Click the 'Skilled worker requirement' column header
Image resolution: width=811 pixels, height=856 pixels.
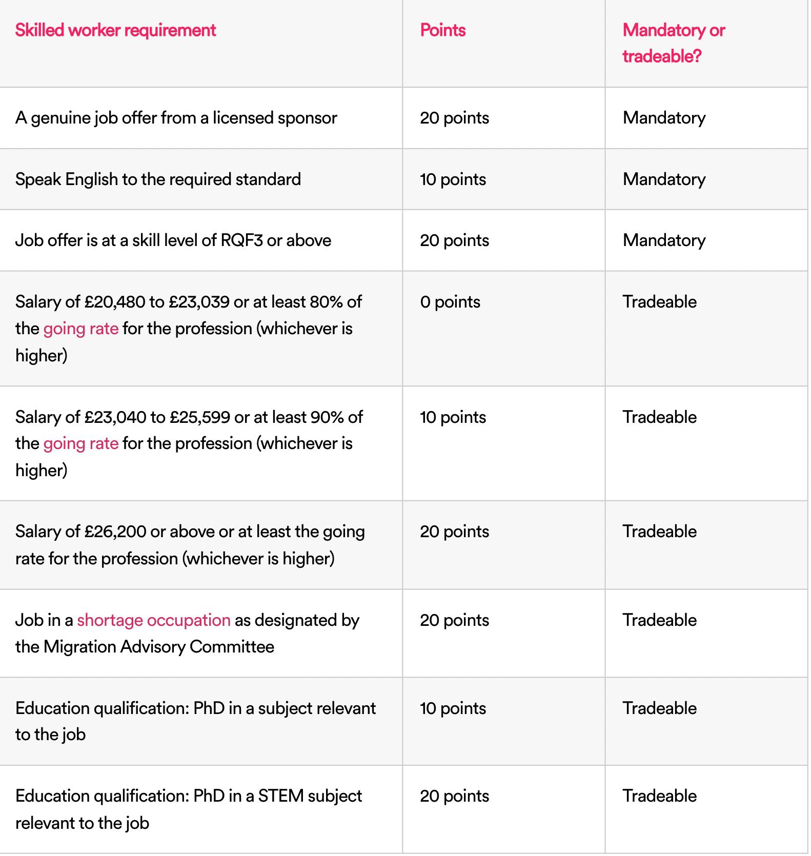click(115, 30)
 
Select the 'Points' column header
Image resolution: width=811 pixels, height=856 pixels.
click(443, 30)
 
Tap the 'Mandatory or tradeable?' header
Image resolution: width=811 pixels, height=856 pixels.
click(674, 43)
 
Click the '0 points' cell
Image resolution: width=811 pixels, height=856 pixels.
click(450, 302)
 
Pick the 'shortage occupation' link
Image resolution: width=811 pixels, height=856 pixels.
click(154, 620)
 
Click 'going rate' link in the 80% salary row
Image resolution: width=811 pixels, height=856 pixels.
click(81, 329)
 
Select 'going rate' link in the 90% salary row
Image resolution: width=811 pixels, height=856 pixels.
click(81, 443)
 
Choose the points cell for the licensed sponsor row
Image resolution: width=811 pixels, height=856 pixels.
click(454, 118)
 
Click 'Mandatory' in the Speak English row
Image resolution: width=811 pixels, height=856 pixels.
click(664, 179)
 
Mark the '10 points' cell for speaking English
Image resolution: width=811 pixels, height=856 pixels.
click(453, 179)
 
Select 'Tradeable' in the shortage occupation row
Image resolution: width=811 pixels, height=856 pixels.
click(659, 620)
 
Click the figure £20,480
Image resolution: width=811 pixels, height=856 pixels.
click(115, 302)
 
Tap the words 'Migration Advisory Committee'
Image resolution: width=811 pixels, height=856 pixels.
click(158, 647)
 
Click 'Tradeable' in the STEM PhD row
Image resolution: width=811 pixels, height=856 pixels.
click(659, 796)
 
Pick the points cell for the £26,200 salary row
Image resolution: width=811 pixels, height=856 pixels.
click(454, 532)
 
